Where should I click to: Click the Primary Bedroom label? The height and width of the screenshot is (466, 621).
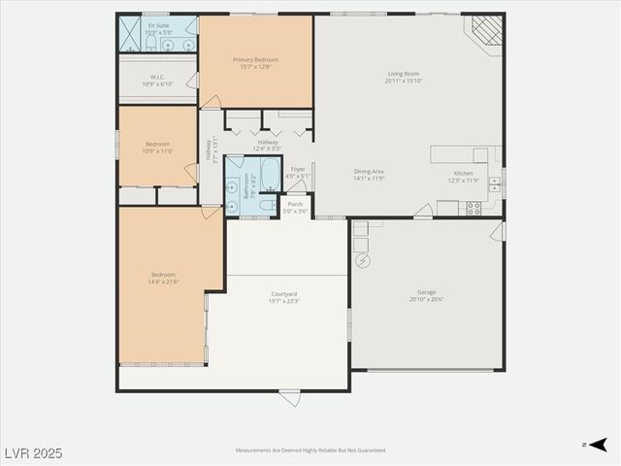tap(255, 59)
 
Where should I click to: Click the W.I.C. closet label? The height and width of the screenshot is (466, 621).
tap(157, 77)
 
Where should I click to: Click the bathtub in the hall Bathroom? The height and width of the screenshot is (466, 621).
tap(270, 175)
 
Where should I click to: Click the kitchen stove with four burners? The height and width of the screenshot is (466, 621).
tap(474, 207)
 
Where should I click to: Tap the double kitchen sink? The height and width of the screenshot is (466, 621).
tap(495, 182)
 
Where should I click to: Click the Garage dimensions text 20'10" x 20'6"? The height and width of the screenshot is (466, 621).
tap(426, 299)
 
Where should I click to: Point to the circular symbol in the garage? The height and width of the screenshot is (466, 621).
tap(363, 261)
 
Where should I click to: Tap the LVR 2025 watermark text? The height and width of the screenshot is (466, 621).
tap(32, 452)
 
